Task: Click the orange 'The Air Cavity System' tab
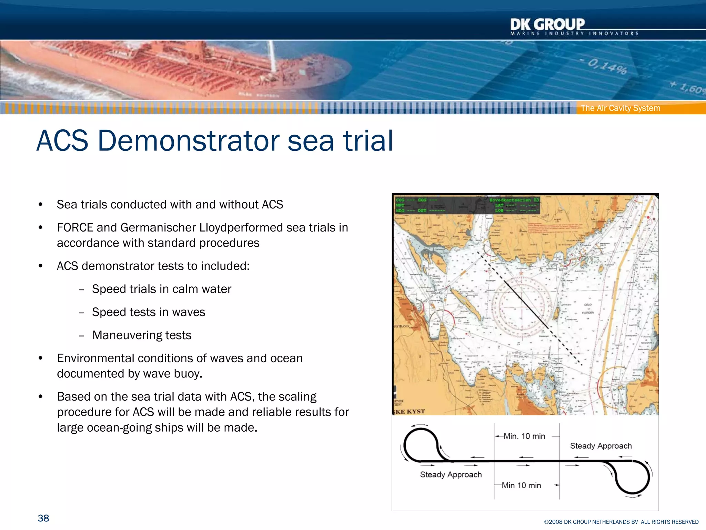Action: (621, 108)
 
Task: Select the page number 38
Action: (43, 518)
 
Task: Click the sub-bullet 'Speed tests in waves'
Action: (149, 312)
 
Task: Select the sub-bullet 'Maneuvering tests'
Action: (142, 335)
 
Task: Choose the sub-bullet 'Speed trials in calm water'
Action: (161, 289)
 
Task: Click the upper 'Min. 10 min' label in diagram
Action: (524, 436)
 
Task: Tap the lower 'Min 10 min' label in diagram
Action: (521, 485)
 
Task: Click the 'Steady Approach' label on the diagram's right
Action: (601, 446)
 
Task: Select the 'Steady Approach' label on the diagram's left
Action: (451, 475)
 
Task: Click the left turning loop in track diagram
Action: (421, 445)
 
